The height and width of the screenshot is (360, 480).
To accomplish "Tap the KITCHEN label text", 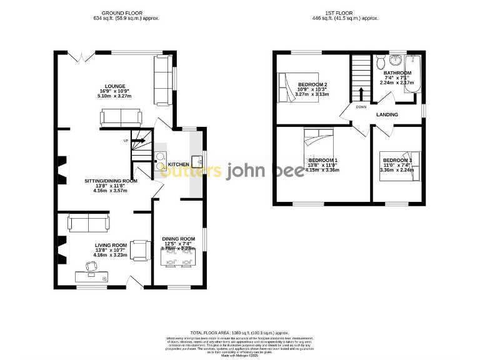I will coord(178,164).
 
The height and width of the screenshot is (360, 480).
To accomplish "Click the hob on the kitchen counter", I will coord(160,157).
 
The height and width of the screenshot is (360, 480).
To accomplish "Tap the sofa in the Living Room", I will coord(87,222).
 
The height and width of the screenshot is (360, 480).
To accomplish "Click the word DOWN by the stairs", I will coord(361,107).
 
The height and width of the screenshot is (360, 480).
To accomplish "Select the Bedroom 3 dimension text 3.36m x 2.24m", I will coord(397,169).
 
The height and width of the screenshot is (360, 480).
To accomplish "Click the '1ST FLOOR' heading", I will coord(353,12).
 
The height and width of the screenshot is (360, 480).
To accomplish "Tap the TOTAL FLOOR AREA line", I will coord(239,333).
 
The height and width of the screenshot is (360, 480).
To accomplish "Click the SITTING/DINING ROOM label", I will coord(110,181).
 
